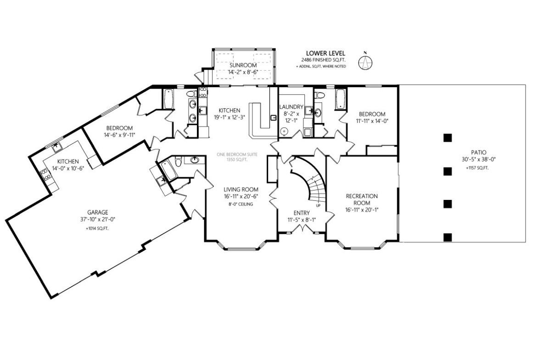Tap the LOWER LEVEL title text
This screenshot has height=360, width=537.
325,53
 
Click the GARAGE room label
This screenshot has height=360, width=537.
97,212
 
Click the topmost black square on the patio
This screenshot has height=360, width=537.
447,138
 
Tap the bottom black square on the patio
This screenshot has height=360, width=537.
447,237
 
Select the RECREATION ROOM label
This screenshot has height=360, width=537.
362,199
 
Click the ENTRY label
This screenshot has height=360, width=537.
302,213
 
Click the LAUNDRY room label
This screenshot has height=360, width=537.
291,107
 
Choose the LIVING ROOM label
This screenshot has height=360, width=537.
241,189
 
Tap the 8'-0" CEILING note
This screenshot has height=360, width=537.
241,204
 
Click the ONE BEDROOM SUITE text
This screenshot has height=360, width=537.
237,155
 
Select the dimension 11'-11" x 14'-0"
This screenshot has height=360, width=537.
372,121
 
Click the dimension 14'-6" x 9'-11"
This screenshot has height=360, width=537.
119,135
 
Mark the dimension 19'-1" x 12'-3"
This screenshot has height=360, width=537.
229,117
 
